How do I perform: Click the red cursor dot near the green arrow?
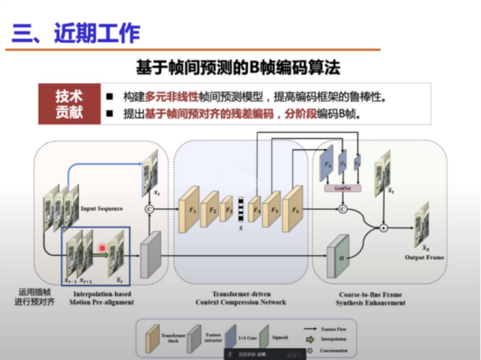[103, 249]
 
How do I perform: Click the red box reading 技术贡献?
[69, 105]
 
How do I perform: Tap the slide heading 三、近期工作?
[76, 33]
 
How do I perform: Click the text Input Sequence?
[102, 209]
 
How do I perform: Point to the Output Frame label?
[424, 257]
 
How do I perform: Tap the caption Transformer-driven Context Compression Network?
[241, 298]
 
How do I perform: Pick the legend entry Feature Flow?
[333, 329]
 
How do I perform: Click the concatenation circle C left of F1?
[148, 209]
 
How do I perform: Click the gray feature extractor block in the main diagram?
[151, 254]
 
